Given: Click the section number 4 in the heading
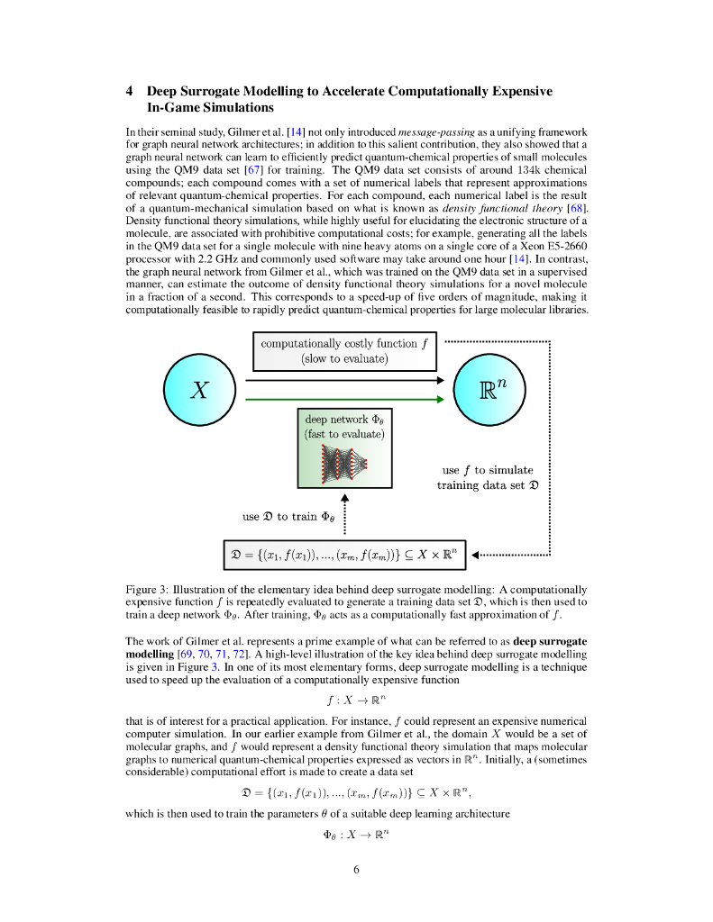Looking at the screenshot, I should [130, 91].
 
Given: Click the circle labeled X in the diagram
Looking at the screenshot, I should [199, 390].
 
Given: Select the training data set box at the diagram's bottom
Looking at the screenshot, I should [344, 554].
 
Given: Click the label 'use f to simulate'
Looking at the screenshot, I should [488, 469].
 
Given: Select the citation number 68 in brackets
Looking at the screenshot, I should [577, 208].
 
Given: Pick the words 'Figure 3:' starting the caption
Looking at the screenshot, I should [148, 589].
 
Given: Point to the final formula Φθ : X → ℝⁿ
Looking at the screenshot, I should [356, 835].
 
